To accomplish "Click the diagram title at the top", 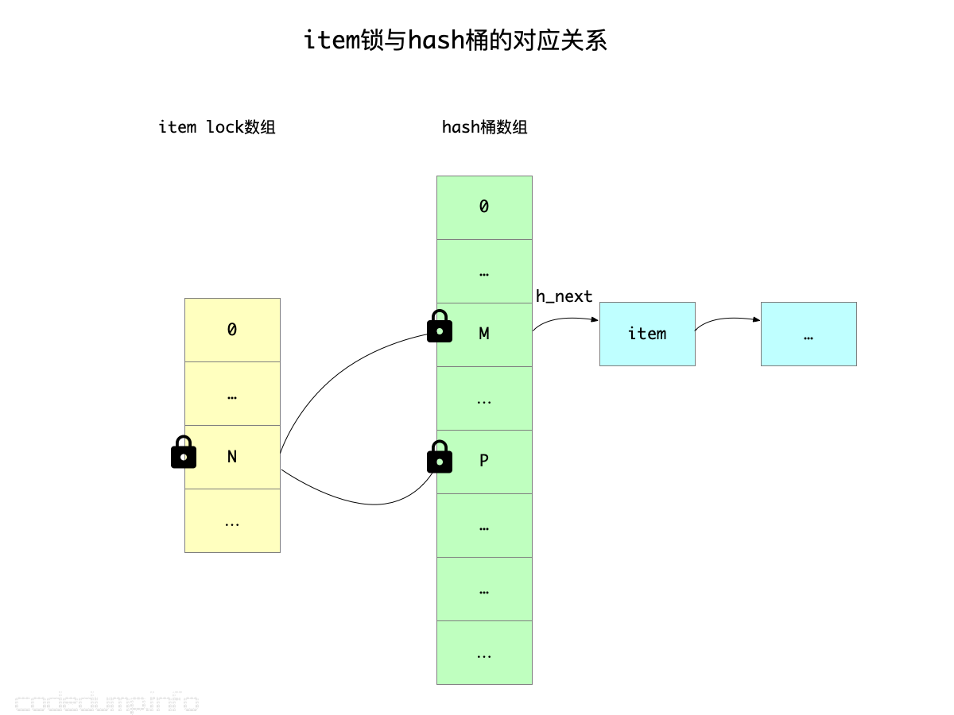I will (456, 41).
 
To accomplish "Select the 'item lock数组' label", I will (217, 127).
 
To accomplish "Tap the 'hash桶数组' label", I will (484, 127).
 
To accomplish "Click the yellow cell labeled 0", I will (232, 330).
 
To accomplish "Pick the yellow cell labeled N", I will (232, 457).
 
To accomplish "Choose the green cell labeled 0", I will (484, 207).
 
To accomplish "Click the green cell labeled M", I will (484, 334).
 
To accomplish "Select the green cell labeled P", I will (484, 462).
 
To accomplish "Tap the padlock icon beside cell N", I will (184, 453).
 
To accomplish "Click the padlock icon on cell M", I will (440, 327).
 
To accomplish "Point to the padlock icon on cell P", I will (440, 457).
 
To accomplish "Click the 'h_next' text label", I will (564, 296).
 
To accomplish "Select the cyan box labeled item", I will (647, 334).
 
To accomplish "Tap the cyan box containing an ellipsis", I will (809, 334).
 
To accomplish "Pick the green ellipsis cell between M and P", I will (484, 398).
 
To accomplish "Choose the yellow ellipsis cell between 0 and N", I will (232, 393).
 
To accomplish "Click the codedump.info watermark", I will (107, 702).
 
